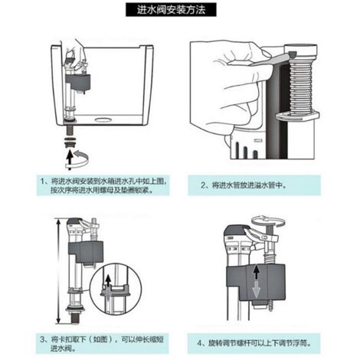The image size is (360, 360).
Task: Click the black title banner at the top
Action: tap(171, 10)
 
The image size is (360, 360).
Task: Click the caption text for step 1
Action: tap(103, 185)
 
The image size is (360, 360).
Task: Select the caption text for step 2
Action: tap(244, 185)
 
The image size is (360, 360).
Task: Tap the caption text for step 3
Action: tap(102, 344)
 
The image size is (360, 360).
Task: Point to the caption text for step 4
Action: tap(254, 343)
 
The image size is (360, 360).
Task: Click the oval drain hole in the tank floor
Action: tap(103, 119)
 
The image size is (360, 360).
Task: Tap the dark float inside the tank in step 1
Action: tap(78, 82)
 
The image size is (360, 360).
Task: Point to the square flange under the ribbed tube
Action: tap(297, 116)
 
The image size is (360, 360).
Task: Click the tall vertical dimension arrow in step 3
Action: tap(59, 271)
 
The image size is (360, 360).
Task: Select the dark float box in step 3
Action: tap(86, 252)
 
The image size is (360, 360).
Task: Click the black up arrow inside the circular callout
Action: tap(109, 281)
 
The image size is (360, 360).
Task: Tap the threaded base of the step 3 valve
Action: tap(74, 318)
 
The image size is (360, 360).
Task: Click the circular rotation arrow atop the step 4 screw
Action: tap(267, 221)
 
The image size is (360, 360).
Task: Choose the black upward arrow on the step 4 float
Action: tap(257, 272)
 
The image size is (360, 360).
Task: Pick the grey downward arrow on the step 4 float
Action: tap(257, 290)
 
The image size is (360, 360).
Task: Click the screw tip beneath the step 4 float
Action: tap(271, 305)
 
